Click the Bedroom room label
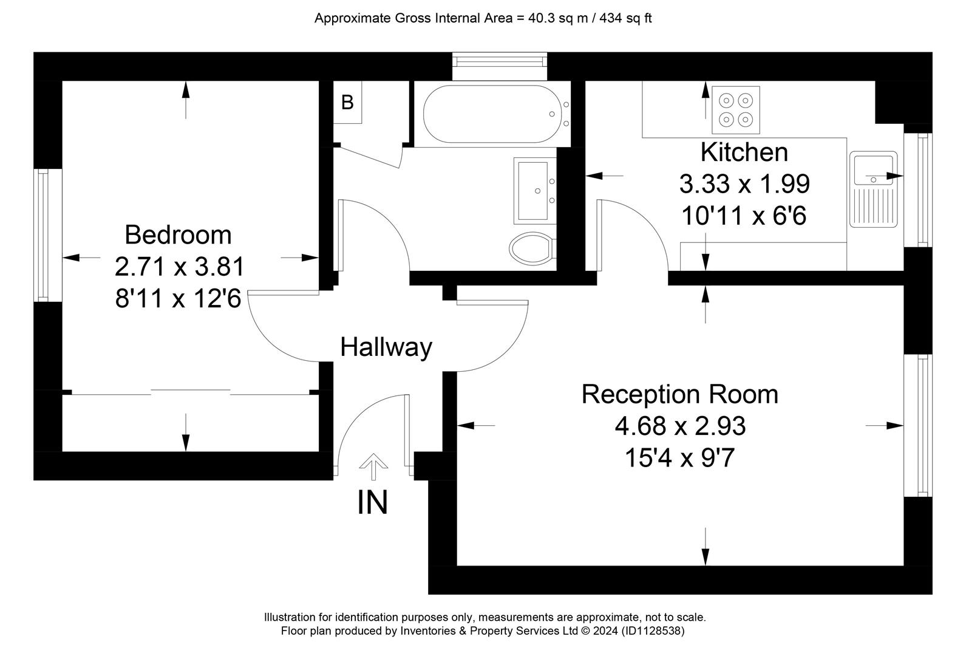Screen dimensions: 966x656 pos(178,235)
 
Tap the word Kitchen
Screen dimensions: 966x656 pos(744,152)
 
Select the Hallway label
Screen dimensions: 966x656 pos(386,347)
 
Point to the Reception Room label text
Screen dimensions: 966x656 pos(679,394)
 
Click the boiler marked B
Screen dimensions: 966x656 pos(347,103)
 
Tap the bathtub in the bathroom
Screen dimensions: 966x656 pos(497,114)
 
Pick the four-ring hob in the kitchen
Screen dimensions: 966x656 pos(736,109)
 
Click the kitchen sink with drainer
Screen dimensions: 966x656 pos(874,190)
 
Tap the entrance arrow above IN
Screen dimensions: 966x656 pos(373,466)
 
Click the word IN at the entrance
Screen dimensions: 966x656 pos(373,502)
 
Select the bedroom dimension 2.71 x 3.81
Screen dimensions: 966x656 pos(179,267)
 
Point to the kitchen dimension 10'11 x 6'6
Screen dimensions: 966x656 pos(744,216)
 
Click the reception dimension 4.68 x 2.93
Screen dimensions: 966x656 pos(680,426)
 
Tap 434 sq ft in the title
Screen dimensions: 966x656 pos(625,18)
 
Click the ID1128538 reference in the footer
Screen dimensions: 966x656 pos(653,631)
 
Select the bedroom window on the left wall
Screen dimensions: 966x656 pos(48,235)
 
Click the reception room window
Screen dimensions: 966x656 pos(917,426)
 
